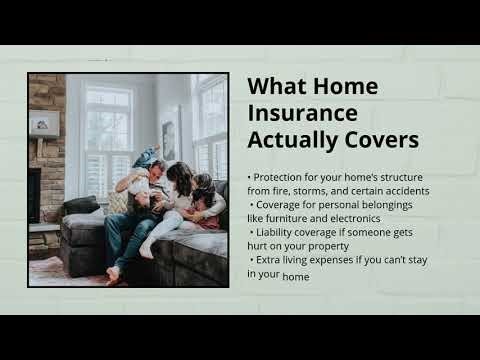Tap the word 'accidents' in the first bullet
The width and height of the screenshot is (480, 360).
[402, 191]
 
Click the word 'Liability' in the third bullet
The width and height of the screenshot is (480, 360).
[276, 233]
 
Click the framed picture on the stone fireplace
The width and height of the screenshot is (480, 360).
[44, 123]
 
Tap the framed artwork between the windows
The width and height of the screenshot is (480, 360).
[170, 133]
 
